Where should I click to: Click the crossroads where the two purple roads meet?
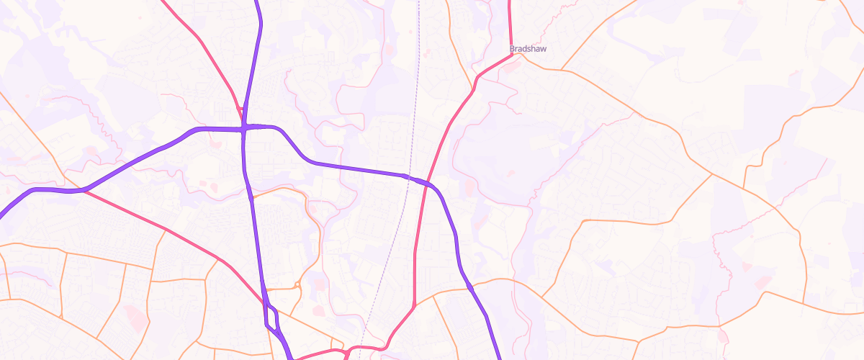pos(245,128)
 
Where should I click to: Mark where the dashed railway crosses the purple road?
pos(407,176)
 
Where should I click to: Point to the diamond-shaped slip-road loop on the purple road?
pos(271,318)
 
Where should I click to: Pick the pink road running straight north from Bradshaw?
pos(510,22)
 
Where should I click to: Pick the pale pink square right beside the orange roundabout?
pos(317,284)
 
